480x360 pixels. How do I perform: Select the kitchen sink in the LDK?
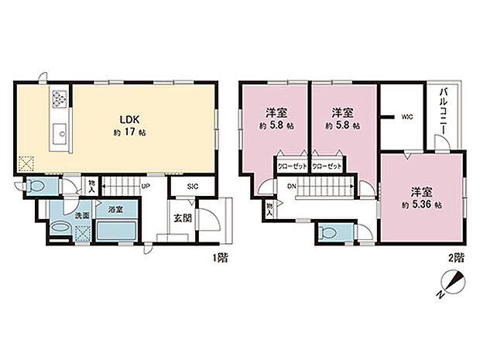pyautogui.click(x=59, y=138)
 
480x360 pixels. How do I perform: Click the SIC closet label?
pyautogui.click(x=195, y=187)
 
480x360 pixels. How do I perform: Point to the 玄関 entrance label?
pyautogui.click(x=183, y=218)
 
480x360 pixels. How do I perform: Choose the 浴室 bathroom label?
pyautogui.click(x=116, y=209)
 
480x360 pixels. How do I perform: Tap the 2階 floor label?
pyautogui.click(x=454, y=256)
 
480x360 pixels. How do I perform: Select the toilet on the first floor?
pyautogui.click(x=36, y=186)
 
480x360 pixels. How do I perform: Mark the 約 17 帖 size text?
pyautogui.click(x=129, y=132)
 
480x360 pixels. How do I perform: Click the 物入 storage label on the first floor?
pyautogui.click(x=92, y=187)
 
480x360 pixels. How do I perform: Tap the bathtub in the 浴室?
pyautogui.click(x=116, y=231)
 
